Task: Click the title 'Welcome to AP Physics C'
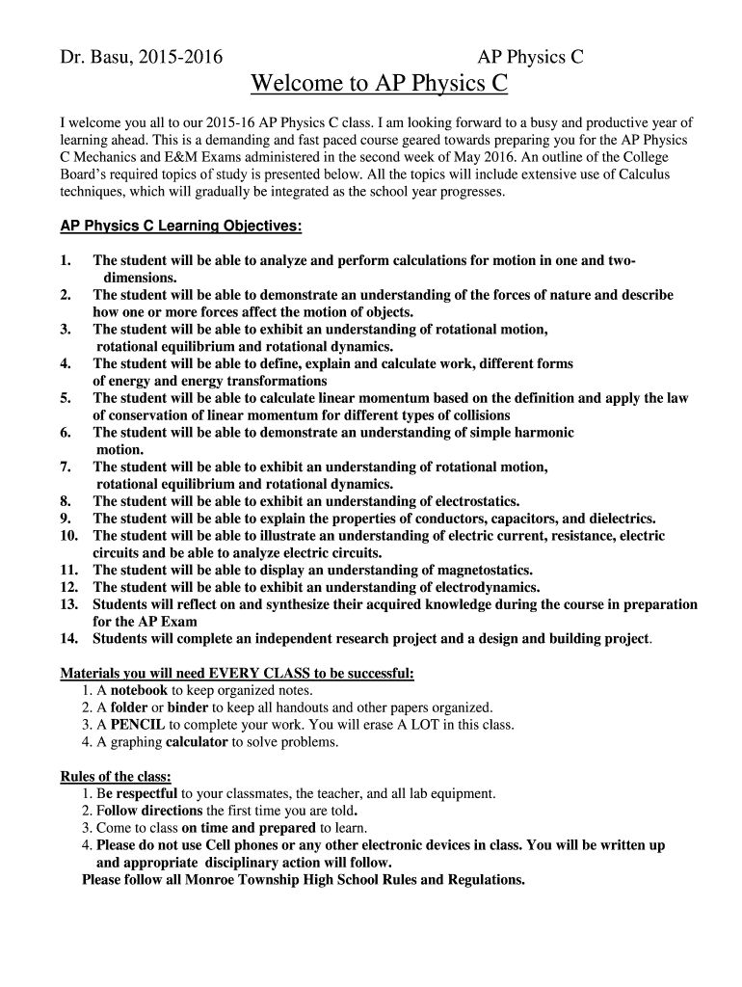click(379, 85)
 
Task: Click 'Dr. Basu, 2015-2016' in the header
click(141, 58)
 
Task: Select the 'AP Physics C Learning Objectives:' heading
click(168, 227)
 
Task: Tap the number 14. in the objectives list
click(68, 639)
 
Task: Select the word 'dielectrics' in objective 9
click(621, 519)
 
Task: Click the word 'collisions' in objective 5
click(476, 415)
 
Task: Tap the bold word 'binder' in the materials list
click(188, 707)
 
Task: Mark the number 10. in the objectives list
click(68, 536)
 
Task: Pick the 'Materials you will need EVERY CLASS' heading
click(237, 673)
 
